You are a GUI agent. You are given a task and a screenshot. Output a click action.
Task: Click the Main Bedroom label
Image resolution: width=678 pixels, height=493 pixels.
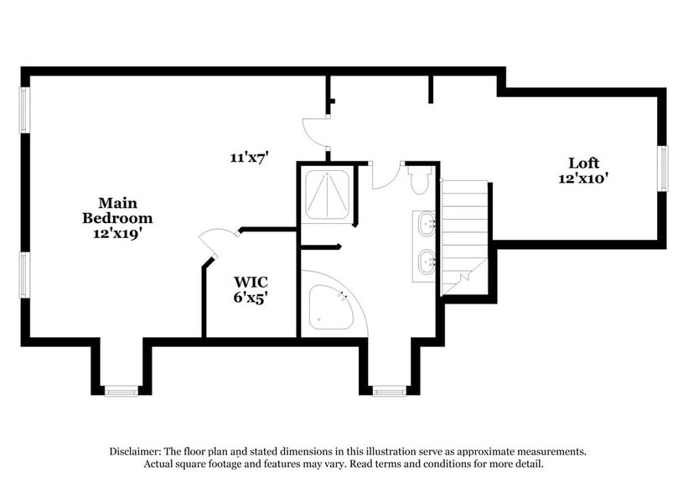[116, 210]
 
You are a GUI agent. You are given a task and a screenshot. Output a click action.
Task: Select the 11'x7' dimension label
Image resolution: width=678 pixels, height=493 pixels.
[249, 157]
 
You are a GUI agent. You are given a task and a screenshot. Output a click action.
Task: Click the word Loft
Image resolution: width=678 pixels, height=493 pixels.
[584, 163]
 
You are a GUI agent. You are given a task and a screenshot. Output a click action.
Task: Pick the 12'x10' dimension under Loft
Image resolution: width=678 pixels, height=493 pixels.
[582, 178]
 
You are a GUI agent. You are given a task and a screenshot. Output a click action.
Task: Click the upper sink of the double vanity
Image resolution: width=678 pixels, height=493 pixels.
[427, 224]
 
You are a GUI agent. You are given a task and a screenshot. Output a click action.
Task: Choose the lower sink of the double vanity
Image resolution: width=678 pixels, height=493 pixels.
[427, 262]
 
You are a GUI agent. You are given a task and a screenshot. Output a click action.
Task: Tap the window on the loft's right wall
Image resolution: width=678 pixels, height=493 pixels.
[661, 170]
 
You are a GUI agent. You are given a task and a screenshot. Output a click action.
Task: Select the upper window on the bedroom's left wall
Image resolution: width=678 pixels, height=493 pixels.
[25, 109]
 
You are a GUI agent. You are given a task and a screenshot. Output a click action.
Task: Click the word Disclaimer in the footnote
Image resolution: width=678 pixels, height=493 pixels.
[137, 450]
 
